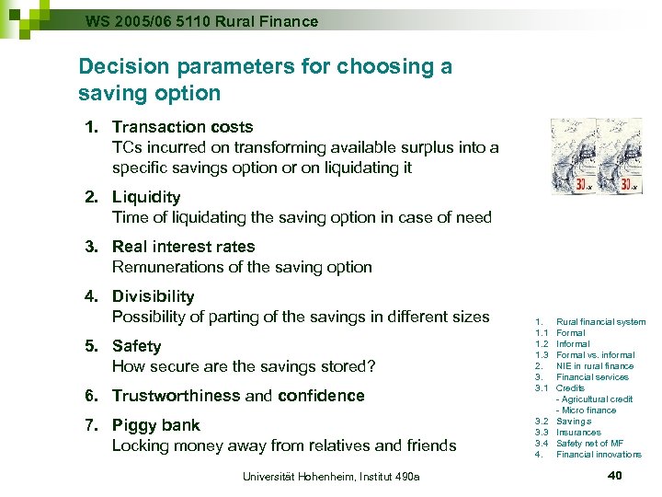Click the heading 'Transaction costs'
[x=182, y=127]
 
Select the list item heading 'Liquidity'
[x=146, y=197]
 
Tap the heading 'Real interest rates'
[x=183, y=247]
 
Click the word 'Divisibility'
[x=153, y=296]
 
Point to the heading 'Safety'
[x=136, y=346]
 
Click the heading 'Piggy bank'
[x=155, y=425]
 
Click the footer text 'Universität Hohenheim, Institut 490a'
[x=331, y=476]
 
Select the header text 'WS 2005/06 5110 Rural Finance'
[x=201, y=20]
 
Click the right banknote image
[x=619, y=156]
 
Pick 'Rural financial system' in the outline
[x=600, y=322]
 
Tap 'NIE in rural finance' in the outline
[x=594, y=366]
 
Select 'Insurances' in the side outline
[x=578, y=433]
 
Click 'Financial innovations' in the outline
[x=599, y=455]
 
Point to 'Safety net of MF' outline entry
[x=589, y=444]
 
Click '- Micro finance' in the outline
[x=586, y=410]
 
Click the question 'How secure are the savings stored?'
[x=244, y=366]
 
